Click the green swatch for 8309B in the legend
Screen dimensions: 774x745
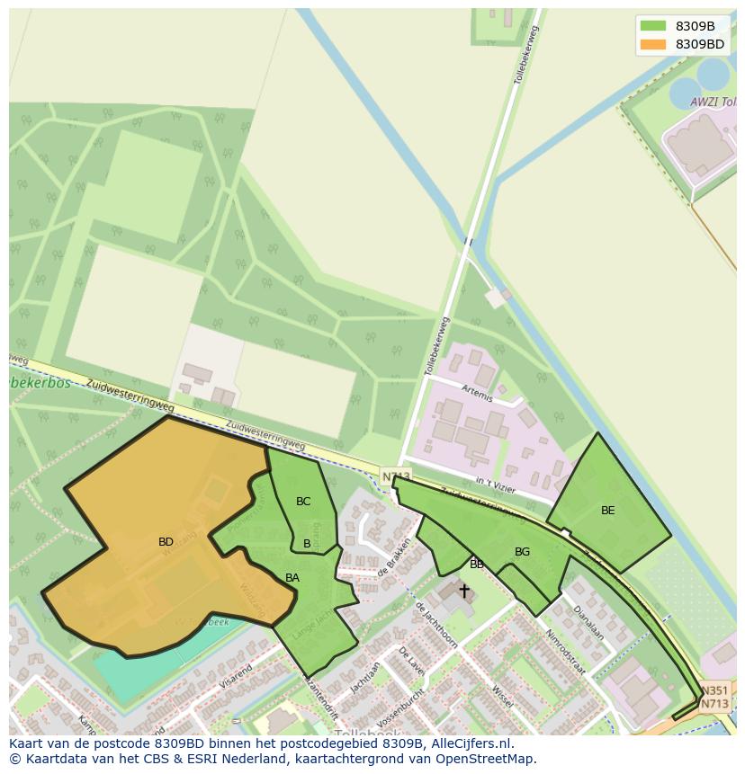click(x=653, y=26)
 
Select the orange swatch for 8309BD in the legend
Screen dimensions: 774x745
click(x=653, y=44)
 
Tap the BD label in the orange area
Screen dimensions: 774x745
click(x=166, y=542)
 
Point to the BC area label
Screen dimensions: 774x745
click(x=303, y=502)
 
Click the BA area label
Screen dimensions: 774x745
click(x=292, y=578)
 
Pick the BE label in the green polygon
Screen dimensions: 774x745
click(x=608, y=511)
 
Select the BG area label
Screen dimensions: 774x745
click(x=522, y=552)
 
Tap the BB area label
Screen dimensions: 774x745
click(x=477, y=565)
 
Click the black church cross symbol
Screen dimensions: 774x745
click(x=464, y=591)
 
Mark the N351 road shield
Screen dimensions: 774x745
click(x=715, y=690)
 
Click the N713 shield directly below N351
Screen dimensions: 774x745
click(x=714, y=704)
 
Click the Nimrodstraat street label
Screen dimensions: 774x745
click(x=564, y=652)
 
